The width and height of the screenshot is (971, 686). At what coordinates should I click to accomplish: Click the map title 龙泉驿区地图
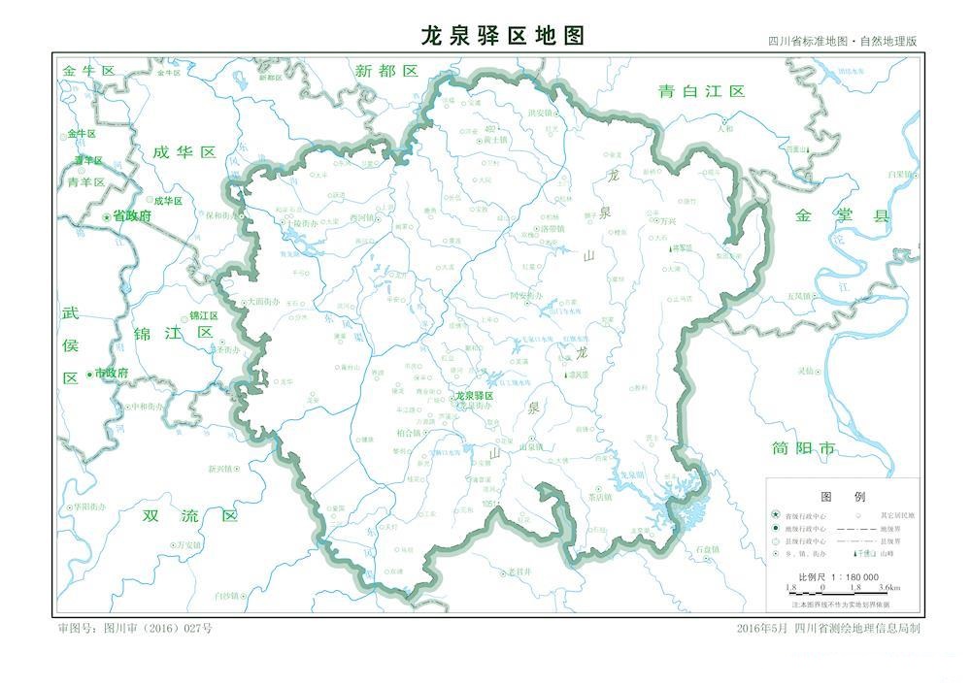503,36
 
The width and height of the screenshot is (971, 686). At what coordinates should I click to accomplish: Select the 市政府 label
111,373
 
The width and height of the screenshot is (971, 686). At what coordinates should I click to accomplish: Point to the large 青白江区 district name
701,91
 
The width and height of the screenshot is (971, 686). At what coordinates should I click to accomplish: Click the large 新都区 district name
385,71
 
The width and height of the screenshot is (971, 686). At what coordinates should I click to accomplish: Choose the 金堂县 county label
842,215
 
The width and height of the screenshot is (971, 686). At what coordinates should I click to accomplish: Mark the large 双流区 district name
189,515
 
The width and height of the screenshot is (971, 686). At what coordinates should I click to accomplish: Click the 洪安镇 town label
540,113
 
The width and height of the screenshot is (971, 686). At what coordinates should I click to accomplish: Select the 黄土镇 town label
495,140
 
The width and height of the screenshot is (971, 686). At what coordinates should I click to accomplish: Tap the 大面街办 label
263,302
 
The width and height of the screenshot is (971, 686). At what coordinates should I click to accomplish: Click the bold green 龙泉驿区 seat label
475,396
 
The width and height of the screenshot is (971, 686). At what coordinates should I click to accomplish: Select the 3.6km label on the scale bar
888,588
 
